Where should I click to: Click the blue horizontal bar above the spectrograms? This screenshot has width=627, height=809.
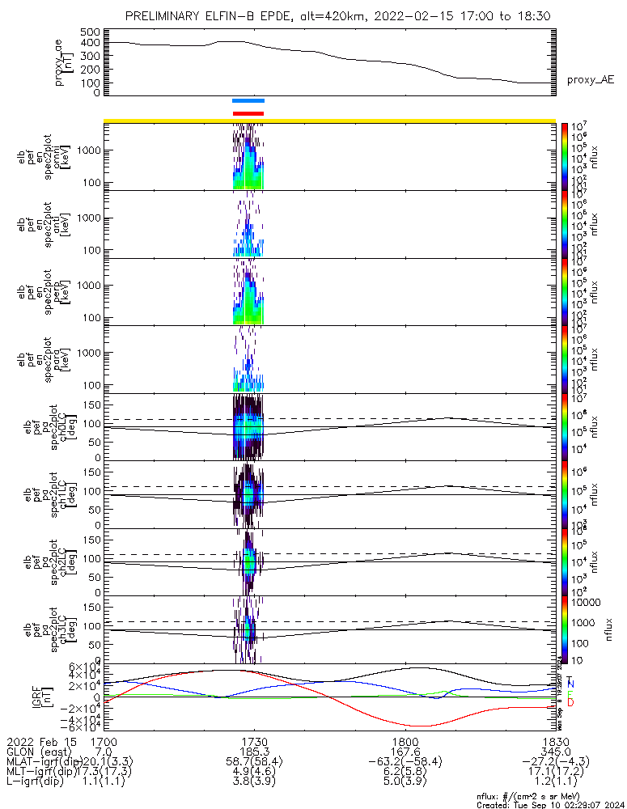click(248, 101)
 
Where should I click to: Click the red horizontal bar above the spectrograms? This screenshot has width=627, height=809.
click(248, 113)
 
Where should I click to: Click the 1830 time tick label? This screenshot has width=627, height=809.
click(556, 740)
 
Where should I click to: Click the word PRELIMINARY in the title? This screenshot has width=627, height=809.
click(166, 16)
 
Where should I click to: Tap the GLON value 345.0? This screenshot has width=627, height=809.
click(556, 752)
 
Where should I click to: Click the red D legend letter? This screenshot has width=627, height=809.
click(570, 702)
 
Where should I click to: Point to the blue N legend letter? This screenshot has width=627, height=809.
click(570, 684)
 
